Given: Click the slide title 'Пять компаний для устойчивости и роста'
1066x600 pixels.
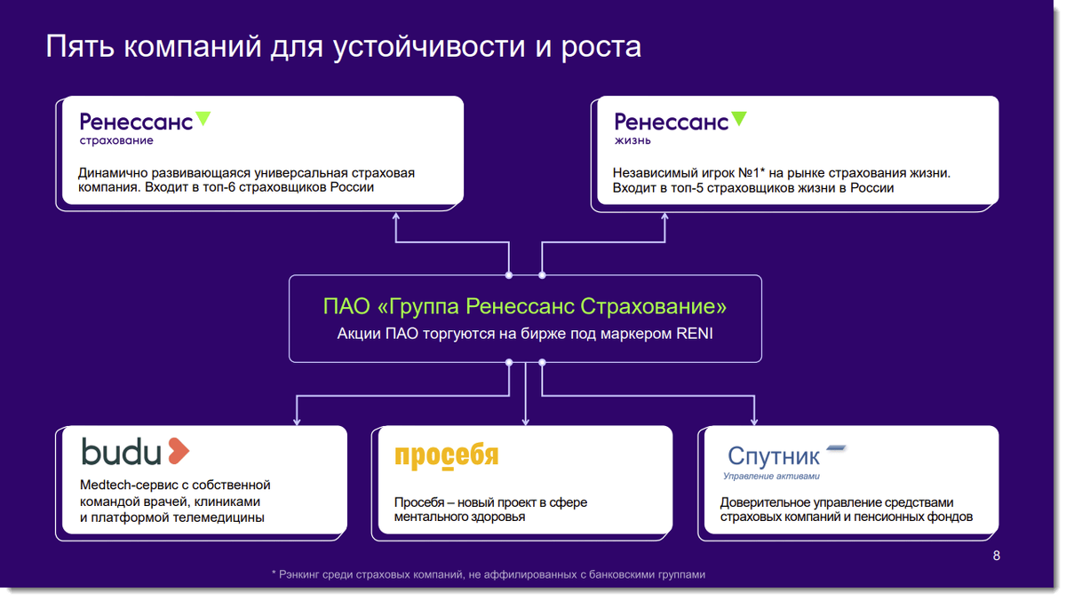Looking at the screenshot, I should click(x=343, y=46).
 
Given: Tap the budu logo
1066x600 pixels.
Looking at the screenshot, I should click(x=135, y=452).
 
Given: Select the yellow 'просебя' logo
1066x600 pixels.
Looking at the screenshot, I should click(x=446, y=455).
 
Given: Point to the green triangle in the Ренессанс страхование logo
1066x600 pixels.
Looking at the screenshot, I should click(x=203, y=118).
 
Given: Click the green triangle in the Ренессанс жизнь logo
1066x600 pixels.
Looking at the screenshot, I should click(x=738, y=118).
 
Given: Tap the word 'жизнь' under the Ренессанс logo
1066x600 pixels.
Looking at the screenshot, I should click(x=632, y=140).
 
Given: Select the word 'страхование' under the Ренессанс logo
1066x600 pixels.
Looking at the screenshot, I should click(x=115, y=140).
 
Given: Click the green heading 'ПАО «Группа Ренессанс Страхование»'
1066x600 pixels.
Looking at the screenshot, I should click(x=524, y=307).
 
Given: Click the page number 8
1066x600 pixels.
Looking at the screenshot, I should click(x=996, y=557).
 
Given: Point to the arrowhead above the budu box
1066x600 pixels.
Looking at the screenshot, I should click(x=296, y=421).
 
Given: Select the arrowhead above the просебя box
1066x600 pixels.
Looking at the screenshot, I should click(x=526, y=421).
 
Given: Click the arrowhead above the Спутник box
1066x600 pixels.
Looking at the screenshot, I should click(x=755, y=421).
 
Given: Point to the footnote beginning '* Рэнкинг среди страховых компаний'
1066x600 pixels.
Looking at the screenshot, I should click(x=488, y=574).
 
